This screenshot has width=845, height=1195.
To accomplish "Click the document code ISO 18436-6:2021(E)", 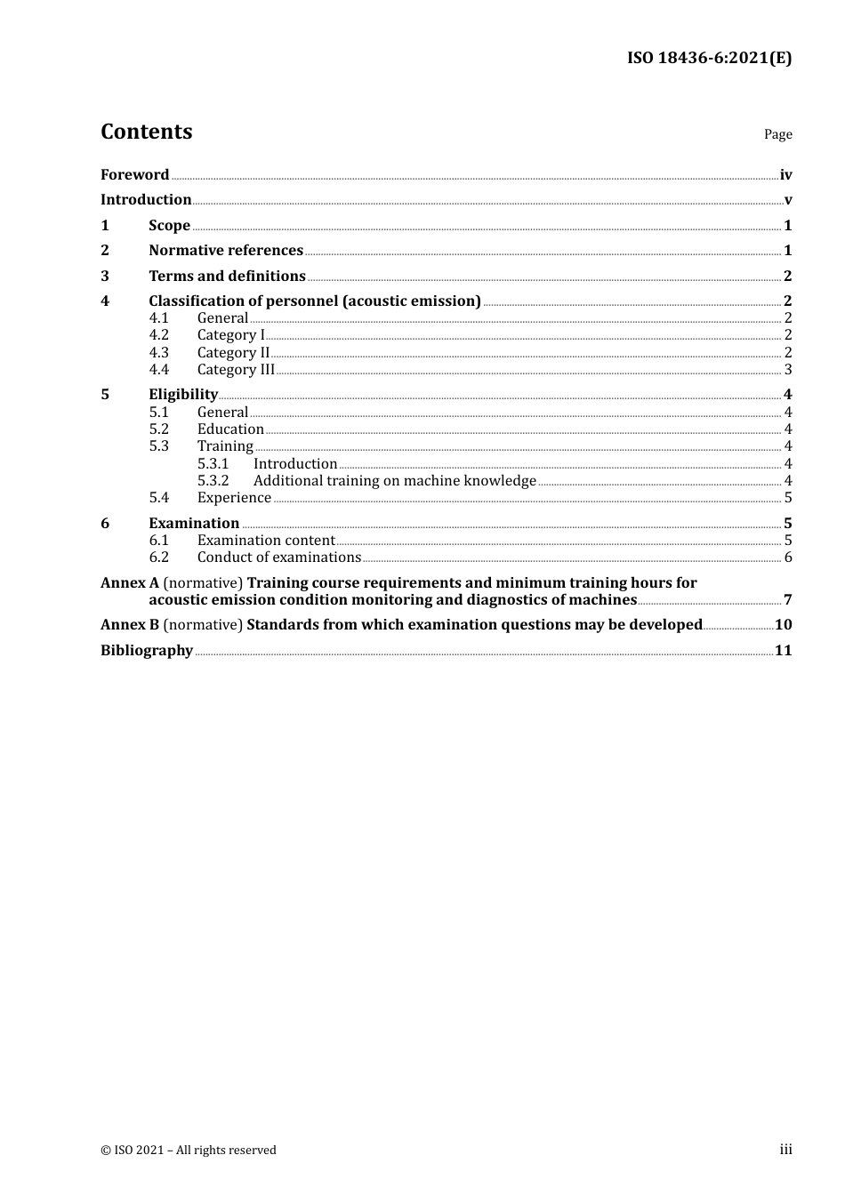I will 709,58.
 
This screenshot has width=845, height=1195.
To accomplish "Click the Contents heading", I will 146,132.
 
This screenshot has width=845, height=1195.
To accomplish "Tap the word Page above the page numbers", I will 777,134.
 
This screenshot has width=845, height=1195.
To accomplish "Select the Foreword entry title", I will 134,174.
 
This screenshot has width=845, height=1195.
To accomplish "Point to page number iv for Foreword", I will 785,175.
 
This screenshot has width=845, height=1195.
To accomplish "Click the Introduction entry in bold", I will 146,200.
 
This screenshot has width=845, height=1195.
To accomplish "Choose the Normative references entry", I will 226,251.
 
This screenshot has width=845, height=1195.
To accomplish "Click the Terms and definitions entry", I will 227,277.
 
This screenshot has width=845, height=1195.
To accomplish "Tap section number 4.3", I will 158,353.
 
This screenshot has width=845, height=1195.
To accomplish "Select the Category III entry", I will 236,370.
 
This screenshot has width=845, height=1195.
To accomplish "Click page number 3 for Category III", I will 788,370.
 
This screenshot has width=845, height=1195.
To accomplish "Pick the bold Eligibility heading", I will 183,395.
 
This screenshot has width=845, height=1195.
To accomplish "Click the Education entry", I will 230,429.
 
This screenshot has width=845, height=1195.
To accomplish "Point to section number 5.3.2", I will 213,481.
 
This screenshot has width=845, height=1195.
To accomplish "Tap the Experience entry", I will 234,498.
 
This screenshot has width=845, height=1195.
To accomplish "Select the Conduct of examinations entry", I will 279,557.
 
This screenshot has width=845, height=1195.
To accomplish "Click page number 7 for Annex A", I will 788,600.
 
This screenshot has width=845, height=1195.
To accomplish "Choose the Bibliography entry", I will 147,651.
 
